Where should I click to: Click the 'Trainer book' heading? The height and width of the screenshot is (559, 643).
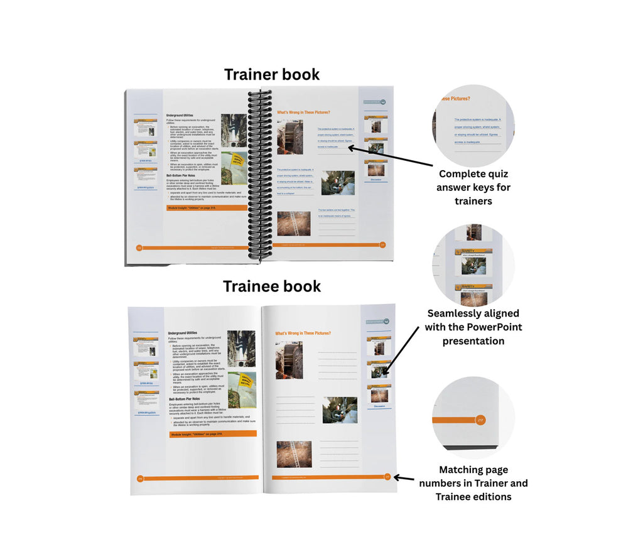(x=272, y=74)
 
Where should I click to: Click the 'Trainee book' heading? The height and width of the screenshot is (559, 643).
(x=272, y=286)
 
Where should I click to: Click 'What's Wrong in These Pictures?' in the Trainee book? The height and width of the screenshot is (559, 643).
(x=303, y=334)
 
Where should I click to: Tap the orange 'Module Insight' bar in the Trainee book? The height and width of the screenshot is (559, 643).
(x=212, y=434)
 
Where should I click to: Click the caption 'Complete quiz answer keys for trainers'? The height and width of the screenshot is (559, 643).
(x=473, y=187)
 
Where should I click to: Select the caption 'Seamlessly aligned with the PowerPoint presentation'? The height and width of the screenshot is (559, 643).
(x=474, y=327)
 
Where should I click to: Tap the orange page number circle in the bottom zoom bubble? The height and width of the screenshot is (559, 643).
(x=480, y=419)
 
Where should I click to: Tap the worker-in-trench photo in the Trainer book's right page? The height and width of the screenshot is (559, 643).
(x=338, y=183)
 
